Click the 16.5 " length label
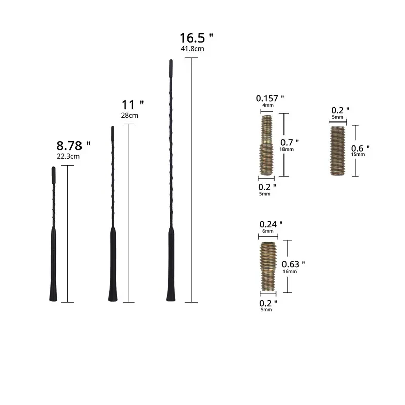[x=196, y=38]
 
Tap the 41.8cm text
[x=192, y=49]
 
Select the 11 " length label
[x=133, y=105]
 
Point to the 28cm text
[x=129, y=115]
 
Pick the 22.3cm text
[x=68, y=156]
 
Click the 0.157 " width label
[x=270, y=98]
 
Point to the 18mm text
[x=287, y=149]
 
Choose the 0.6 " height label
[x=360, y=148]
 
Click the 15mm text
[x=358, y=154]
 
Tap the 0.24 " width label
[x=271, y=224]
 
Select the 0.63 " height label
[x=294, y=264]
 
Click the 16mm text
[x=290, y=272]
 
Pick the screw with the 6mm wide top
[x=268, y=265]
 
